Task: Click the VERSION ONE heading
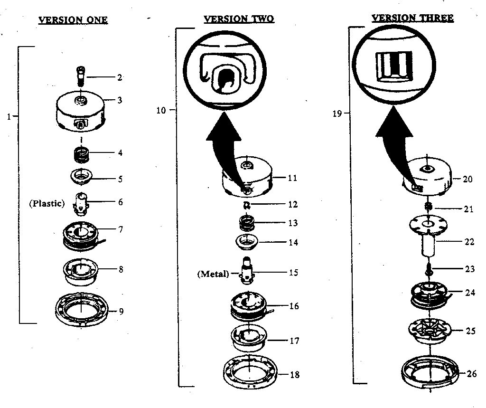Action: tap(73, 20)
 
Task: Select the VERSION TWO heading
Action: tap(239, 19)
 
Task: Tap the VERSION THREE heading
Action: tap(412, 18)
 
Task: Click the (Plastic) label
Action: tap(47, 203)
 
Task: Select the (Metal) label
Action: tap(213, 274)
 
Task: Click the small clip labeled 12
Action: tap(246, 204)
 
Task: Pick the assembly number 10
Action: tap(161, 111)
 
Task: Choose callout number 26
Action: tap(471, 373)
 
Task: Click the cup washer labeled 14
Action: tap(247, 241)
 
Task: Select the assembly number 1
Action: tap(9, 116)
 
